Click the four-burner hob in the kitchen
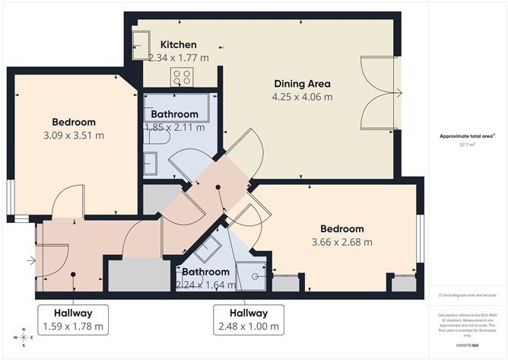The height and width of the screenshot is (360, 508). pyautogui.click(x=183, y=76)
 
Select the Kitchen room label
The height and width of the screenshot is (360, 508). pyautogui.click(x=178, y=45)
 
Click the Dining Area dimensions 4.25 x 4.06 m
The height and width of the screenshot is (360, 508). pyautogui.click(x=302, y=97)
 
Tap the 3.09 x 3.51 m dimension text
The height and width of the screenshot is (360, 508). pyautogui.click(x=74, y=135)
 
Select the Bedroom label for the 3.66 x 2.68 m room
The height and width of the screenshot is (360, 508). pyautogui.click(x=341, y=228)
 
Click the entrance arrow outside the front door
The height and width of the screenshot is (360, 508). pyautogui.click(x=30, y=261)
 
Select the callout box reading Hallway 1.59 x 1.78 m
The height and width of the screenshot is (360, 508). pyautogui.click(x=73, y=320)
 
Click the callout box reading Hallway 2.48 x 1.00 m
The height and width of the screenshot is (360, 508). pyautogui.click(x=249, y=320)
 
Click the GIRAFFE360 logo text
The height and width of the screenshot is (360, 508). pyautogui.click(x=467, y=345)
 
